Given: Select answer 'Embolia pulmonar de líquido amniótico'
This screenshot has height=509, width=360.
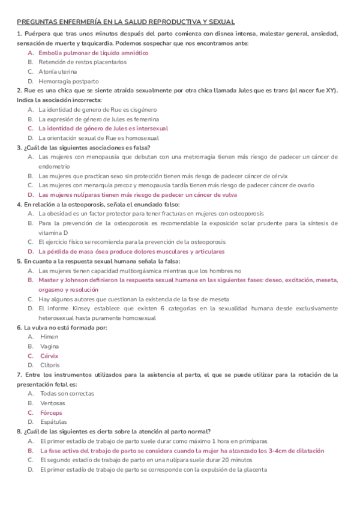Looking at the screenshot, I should point(93,53).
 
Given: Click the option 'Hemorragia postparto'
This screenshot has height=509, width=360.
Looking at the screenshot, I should point(68,81).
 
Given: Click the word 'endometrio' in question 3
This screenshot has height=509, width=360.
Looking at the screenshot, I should point(53,166).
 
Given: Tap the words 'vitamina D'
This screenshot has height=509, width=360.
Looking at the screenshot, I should point(53,232).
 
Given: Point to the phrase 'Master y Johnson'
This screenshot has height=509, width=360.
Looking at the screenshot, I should point(64,280).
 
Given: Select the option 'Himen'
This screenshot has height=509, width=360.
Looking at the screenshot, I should point(49,337).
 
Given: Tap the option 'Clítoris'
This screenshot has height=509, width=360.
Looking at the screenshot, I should point(50,365).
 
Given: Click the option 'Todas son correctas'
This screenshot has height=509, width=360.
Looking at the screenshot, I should point(67,394).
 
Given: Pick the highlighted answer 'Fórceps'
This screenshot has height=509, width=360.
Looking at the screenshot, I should point(51,412).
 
